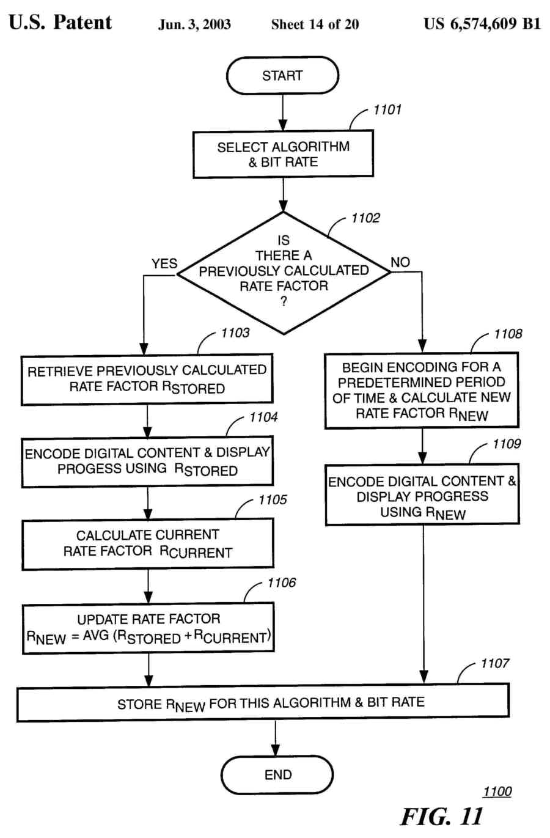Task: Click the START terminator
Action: [282, 76]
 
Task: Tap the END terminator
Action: [277, 774]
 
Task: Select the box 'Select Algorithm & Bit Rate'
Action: [283, 155]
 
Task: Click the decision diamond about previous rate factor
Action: [284, 273]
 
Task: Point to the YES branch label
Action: [164, 263]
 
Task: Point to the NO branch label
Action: [400, 262]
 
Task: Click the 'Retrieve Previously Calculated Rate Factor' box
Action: [147, 379]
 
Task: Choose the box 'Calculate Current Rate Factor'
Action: [148, 543]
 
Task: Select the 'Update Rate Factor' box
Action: [148, 628]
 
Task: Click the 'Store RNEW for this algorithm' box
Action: [263, 703]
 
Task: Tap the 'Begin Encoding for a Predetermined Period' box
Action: [422, 390]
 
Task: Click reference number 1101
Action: [387, 110]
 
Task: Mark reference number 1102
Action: [365, 218]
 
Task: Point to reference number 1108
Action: [508, 334]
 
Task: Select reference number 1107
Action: [494, 663]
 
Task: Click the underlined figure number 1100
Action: [497, 792]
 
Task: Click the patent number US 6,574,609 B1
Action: [482, 24]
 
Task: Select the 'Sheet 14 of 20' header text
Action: [315, 25]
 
